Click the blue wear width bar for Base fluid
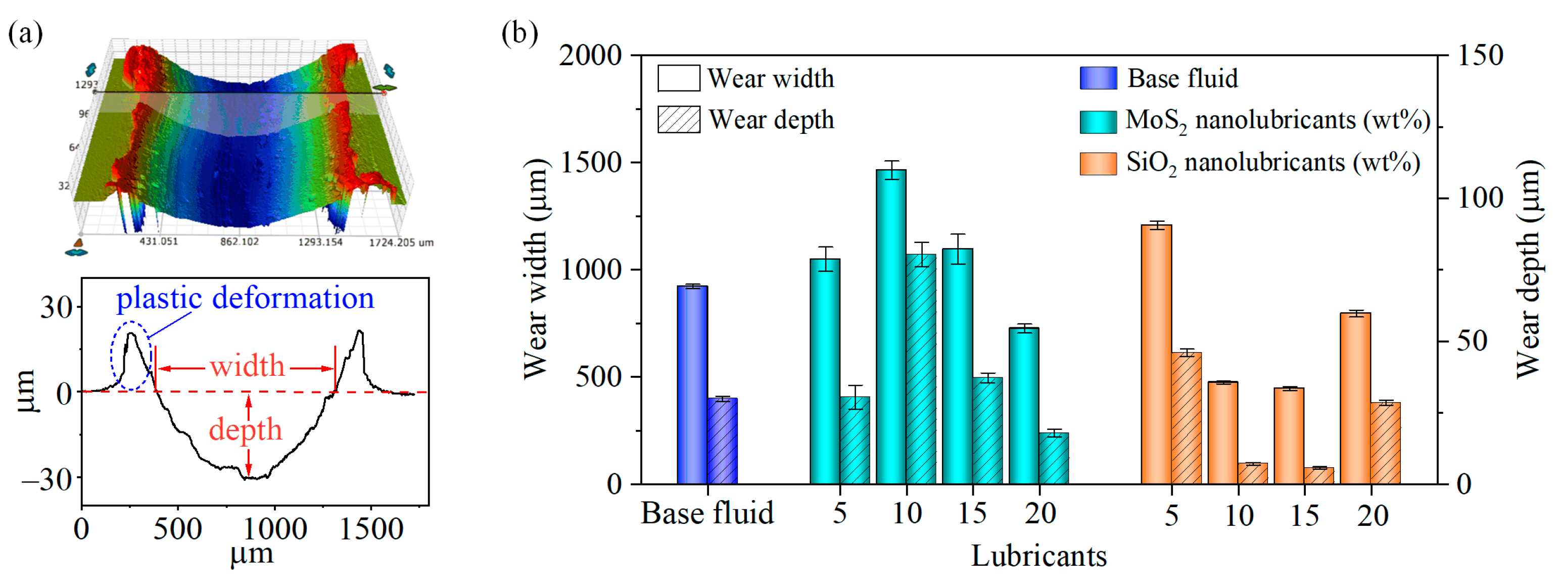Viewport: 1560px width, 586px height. (692, 385)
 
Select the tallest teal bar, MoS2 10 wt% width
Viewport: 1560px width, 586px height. (891, 327)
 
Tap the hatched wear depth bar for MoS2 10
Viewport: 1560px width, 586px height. (921, 369)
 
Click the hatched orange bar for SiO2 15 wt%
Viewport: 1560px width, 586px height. (1318, 476)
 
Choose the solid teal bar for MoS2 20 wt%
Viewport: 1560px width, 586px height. (1023, 406)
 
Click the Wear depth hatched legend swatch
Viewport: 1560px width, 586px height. (679, 119)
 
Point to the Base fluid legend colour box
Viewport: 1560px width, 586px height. (1098, 79)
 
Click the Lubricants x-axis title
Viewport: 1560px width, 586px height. (1038, 556)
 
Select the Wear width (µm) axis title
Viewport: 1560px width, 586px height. (536, 269)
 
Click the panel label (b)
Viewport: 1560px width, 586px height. (519, 33)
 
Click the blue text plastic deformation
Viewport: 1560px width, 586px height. (245, 299)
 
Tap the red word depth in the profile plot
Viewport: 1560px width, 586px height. (245, 430)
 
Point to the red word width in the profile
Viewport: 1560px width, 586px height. (247, 366)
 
